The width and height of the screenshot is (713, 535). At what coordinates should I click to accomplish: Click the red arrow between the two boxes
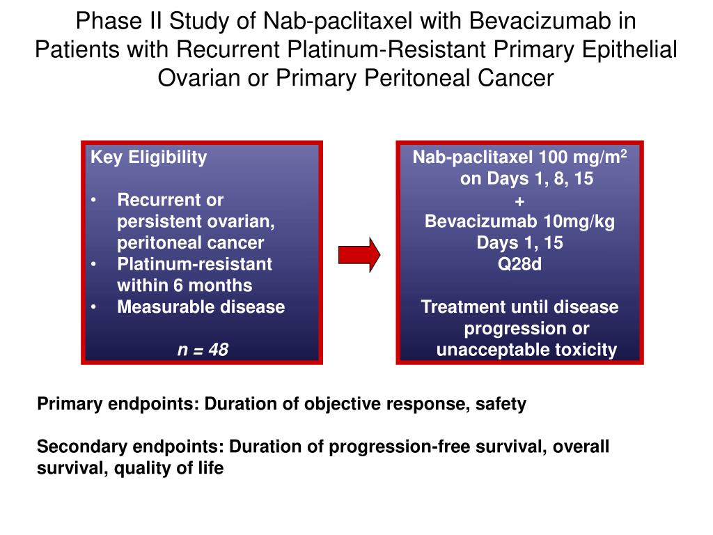(359, 254)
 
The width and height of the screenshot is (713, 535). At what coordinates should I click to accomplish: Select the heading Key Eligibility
(148, 157)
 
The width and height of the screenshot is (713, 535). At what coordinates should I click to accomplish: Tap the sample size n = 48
(202, 349)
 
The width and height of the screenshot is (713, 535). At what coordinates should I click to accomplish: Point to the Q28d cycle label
(519, 264)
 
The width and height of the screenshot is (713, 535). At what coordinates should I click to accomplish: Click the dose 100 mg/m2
(583, 157)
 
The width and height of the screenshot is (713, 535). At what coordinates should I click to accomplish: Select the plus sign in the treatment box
(519, 201)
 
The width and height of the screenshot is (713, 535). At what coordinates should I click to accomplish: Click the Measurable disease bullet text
(201, 307)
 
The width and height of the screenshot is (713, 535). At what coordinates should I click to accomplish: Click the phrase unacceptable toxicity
(526, 349)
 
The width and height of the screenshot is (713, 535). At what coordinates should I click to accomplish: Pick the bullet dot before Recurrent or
(95, 201)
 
